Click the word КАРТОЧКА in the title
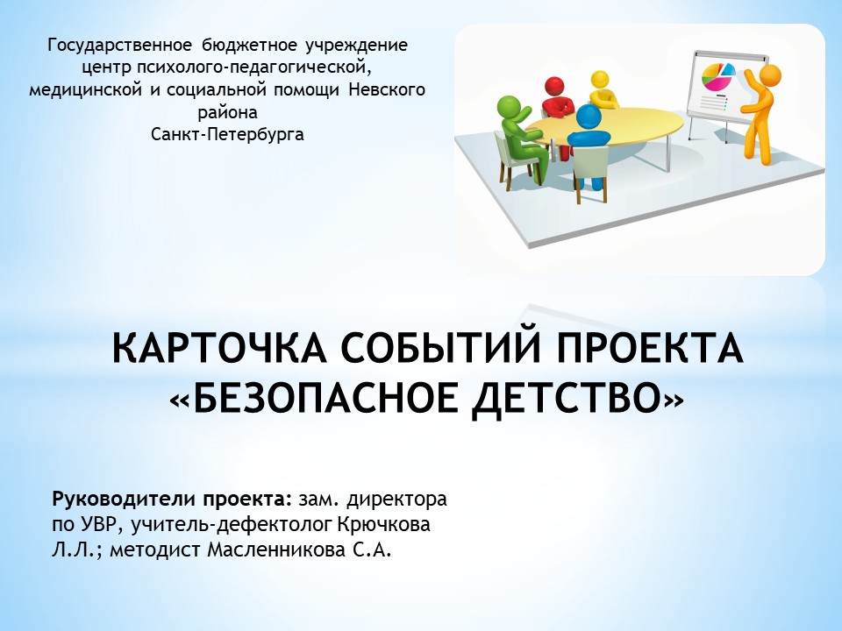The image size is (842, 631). tap(219, 349)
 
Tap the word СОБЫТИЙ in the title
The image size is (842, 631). tap(439, 348)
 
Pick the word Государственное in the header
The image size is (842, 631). tap(119, 46)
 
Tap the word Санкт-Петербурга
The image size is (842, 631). tap(227, 134)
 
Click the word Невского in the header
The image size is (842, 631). tap(387, 89)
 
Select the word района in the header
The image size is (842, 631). tap(227, 113)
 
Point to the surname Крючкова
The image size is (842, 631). tap(383, 525)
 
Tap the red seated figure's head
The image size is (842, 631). tap(554, 87)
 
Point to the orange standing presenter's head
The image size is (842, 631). tap(771, 74)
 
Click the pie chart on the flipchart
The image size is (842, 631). tap(718, 76)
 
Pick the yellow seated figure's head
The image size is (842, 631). tap(599, 81)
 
